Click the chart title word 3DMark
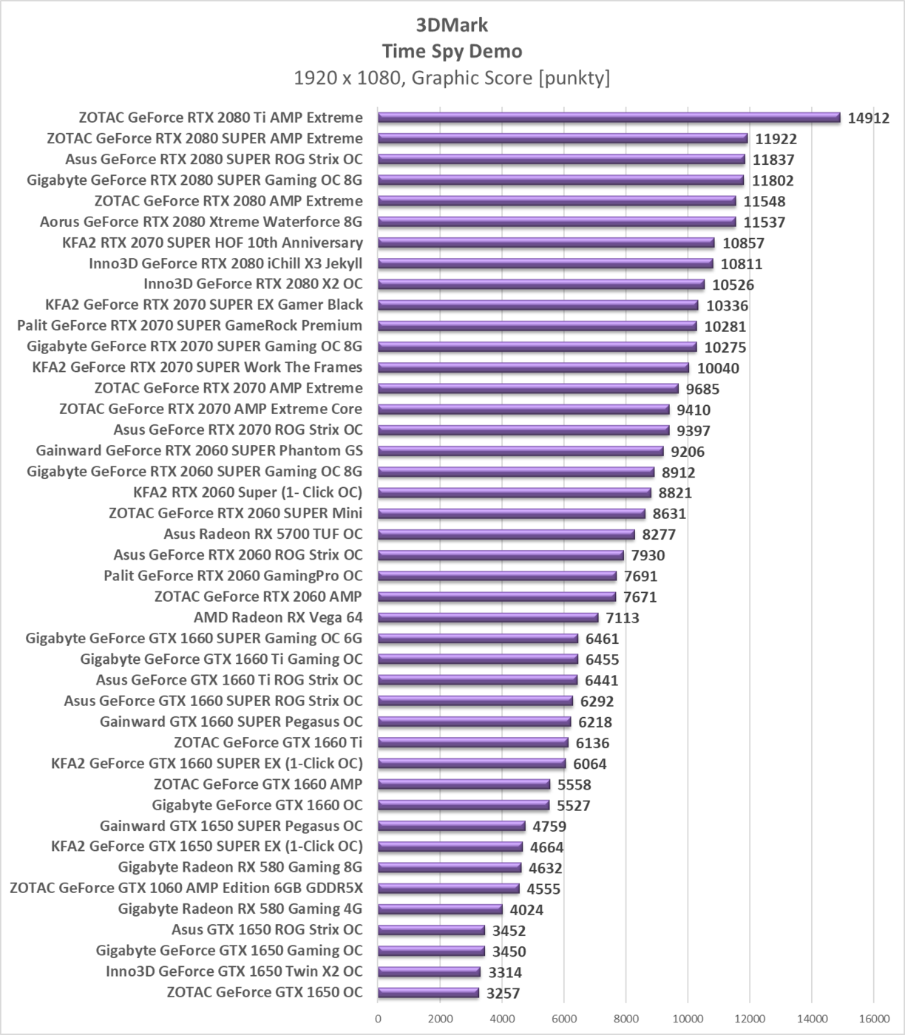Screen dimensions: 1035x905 pos(452,25)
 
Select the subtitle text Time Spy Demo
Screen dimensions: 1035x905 pos(452,51)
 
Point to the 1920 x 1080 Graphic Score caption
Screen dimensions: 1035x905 pos(452,78)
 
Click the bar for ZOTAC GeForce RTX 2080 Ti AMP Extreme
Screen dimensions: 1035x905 pos(609,118)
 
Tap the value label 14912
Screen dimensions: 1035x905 pos(868,118)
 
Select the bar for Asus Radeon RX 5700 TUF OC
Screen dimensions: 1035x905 pos(506,535)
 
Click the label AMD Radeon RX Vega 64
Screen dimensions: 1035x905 pos(278,617)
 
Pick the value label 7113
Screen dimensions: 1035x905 pos(622,618)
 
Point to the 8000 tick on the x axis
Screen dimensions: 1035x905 pos(626,1019)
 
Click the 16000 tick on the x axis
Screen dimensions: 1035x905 pos(873,1019)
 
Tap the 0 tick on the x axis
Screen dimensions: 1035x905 pos(379,1019)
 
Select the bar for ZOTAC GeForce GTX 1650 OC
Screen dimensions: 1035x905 pos(428,993)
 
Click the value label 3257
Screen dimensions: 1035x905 pos(503,994)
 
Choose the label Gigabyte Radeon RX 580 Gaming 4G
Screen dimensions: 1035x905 pos(240,909)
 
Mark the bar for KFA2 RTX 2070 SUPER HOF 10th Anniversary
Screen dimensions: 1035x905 pos(546,242)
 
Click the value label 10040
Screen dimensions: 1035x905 pos(717,368)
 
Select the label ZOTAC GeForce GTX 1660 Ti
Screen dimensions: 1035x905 pos(268,742)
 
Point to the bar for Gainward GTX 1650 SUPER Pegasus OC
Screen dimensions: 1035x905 pos(451,826)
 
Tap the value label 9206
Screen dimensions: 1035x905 pos(688,452)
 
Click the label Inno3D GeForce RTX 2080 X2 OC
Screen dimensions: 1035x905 pos(253,284)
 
